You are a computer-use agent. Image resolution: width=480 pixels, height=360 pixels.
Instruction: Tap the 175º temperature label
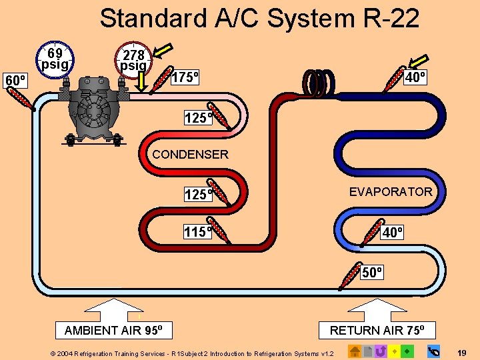tap(186, 77)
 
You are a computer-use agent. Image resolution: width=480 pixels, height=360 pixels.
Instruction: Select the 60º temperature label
tap(15, 81)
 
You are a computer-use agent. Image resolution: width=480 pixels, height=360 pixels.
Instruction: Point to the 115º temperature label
tap(198, 232)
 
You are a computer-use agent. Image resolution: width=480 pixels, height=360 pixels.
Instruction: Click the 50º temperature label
tap(372, 272)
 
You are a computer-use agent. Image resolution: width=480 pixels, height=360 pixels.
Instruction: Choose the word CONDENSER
tap(190, 155)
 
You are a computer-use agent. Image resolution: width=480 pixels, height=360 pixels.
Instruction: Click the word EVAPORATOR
tap(391, 192)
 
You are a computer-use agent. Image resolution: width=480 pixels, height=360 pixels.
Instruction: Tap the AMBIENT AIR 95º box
tap(118, 330)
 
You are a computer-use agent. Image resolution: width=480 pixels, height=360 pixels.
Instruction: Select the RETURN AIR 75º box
tap(382, 330)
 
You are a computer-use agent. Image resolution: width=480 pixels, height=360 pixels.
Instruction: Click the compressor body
tap(93, 107)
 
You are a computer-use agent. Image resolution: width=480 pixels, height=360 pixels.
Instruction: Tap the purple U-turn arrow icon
tap(381, 351)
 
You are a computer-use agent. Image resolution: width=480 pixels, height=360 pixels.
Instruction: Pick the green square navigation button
tap(407, 351)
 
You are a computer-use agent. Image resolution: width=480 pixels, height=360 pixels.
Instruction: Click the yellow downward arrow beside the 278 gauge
tap(142, 78)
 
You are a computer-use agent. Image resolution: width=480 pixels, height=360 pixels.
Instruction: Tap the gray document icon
tap(367, 351)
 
